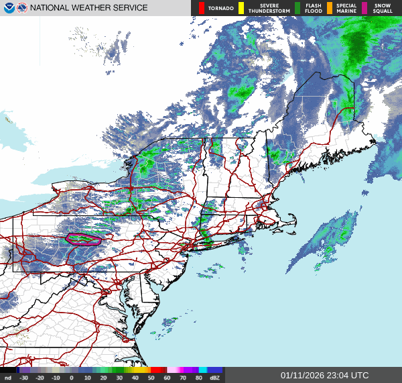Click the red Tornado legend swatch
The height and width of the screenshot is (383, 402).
(x=202, y=8)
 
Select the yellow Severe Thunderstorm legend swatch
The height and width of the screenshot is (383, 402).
(x=241, y=8)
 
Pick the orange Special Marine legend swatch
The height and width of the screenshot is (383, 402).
(x=330, y=8)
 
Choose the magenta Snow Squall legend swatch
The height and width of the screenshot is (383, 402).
(x=365, y=8)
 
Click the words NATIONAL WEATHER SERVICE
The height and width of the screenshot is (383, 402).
(x=90, y=8)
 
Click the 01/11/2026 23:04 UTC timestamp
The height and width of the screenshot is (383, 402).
(x=324, y=376)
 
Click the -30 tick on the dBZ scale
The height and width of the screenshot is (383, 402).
(x=24, y=378)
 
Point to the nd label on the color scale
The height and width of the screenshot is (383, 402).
(x=8, y=378)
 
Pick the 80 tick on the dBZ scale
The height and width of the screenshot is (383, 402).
(x=200, y=378)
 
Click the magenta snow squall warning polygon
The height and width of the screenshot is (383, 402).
(x=83, y=237)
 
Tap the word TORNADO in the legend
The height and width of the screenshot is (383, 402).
(x=222, y=8)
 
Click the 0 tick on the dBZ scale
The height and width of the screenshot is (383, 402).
(x=72, y=378)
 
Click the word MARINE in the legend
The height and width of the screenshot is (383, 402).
(x=346, y=11)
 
